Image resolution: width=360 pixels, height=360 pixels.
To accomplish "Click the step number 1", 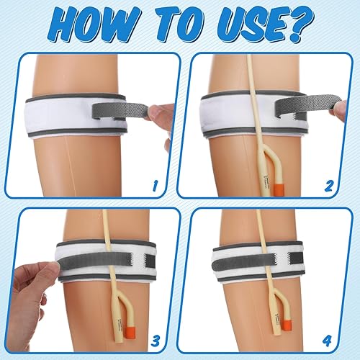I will [x=153, y=185].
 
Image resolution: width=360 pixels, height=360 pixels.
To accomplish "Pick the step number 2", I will [x=329, y=185].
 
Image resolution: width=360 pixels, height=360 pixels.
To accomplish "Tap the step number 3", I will [x=153, y=337].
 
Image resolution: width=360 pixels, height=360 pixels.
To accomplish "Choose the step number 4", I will [x=329, y=337].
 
